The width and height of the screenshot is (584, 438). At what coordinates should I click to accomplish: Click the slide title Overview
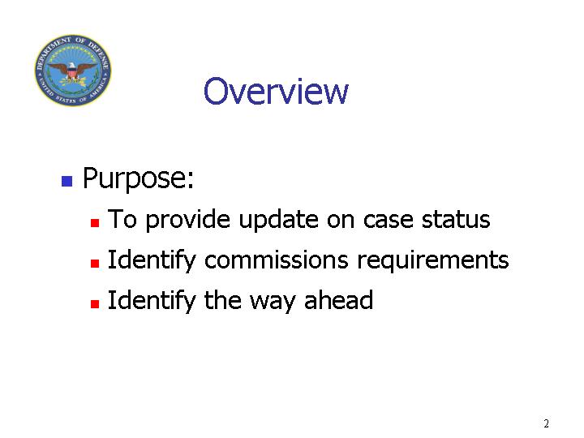point(276,91)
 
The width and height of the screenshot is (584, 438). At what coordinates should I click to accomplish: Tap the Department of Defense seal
point(73,70)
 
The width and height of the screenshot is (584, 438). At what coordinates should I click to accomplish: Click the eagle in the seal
point(73,71)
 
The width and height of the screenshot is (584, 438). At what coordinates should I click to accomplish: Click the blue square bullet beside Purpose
point(67,181)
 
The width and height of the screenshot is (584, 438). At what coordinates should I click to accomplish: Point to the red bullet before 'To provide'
point(95,223)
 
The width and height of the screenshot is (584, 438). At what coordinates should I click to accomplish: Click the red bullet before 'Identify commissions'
point(95,264)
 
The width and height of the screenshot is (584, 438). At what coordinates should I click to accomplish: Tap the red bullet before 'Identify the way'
point(95,303)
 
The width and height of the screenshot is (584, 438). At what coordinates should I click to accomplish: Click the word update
point(278,220)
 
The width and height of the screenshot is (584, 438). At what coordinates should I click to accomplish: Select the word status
point(456,219)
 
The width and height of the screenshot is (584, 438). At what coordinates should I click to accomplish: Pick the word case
point(388,220)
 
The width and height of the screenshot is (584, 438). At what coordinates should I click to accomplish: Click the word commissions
point(277,260)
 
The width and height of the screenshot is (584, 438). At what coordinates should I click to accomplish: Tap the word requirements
point(433,260)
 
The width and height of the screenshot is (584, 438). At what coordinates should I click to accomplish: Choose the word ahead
point(338,300)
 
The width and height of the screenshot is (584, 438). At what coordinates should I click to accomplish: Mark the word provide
point(187,220)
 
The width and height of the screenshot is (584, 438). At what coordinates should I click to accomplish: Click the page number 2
point(546,423)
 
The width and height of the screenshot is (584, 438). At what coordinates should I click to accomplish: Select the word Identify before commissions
point(152,260)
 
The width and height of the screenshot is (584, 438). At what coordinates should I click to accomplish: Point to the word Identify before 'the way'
point(152,301)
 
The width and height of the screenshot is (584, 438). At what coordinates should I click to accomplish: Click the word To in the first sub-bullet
point(122,219)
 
